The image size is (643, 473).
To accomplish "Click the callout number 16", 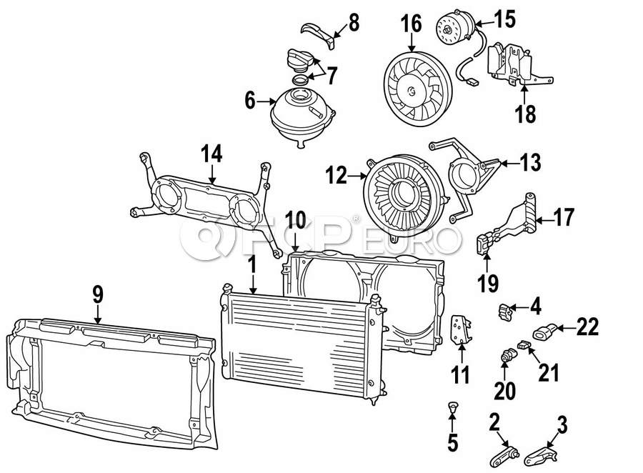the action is (411, 24).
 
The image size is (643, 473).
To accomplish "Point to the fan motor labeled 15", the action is (454, 29).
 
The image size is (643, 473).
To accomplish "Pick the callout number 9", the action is (98, 294).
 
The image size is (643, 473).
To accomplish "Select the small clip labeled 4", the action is (505, 312).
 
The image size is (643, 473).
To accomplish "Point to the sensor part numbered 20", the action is (509, 355).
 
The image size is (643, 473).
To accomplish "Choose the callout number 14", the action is (211, 154).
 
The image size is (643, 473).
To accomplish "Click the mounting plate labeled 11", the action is (461, 329).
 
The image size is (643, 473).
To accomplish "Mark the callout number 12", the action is (337, 176).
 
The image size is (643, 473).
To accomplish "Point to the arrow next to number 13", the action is (510, 164).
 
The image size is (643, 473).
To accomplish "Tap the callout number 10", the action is (296, 220).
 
